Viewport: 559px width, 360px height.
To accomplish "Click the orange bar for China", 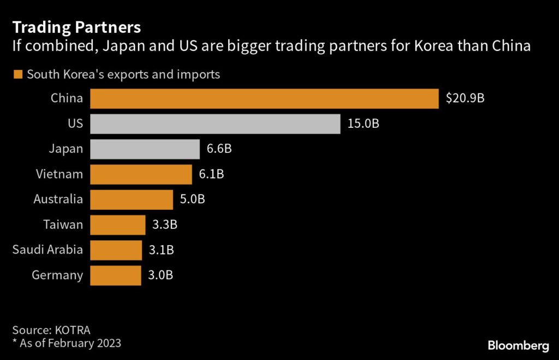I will pyautogui.click(x=264, y=99).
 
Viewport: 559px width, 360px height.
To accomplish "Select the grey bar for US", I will pyautogui.click(x=215, y=124).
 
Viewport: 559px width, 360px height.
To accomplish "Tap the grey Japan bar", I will pyautogui.click(x=145, y=149).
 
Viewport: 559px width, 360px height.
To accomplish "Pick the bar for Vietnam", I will pyautogui.click(x=141, y=174).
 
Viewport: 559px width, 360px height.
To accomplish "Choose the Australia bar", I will pyautogui.click(x=131, y=199).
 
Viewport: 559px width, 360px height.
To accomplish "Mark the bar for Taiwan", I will pyautogui.click(x=117, y=225).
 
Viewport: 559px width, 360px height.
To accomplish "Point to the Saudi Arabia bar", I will pyautogui.click(x=116, y=250).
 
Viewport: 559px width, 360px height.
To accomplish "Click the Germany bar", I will pyautogui.click(x=115, y=275).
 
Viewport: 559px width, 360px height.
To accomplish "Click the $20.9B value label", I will pyautogui.click(x=465, y=99).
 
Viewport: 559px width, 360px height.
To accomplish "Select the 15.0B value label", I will pyautogui.click(x=363, y=124).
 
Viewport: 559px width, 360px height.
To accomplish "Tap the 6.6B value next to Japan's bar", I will pyautogui.click(x=220, y=149).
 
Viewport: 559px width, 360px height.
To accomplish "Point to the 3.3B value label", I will pyautogui.click(x=165, y=225).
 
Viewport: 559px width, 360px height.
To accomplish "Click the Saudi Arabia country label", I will pyautogui.click(x=48, y=250).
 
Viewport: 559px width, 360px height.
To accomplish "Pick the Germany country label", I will pyautogui.click(x=57, y=275).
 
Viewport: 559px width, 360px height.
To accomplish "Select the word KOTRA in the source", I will pyautogui.click(x=72, y=330).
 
